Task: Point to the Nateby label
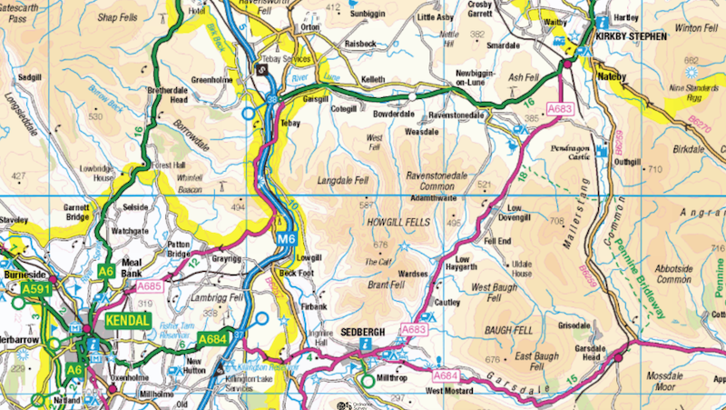(613, 76)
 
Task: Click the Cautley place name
(446, 302)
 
